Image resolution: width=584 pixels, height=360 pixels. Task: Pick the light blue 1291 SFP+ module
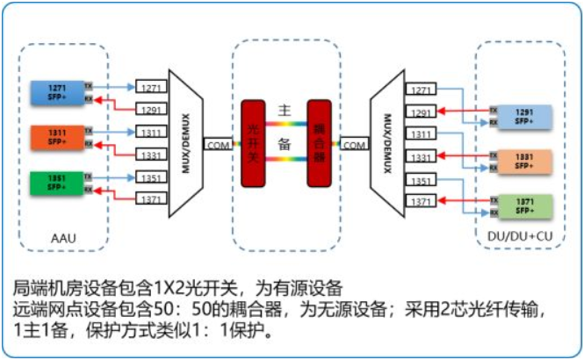point(524,117)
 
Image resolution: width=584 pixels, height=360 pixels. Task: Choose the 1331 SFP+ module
point(524,161)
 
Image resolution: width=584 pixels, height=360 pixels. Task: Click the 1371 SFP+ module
point(524,206)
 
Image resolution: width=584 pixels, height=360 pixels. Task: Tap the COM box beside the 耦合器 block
point(355,144)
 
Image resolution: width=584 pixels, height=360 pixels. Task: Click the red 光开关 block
point(253,144)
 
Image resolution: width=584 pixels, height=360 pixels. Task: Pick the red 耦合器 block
point(319,144)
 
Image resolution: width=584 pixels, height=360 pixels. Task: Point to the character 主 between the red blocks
point(285,112)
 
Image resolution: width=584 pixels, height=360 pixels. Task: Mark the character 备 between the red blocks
point(285,145)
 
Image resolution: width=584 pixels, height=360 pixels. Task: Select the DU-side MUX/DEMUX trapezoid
point(386,144)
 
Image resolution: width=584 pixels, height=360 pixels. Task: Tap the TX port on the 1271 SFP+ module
point(89,85)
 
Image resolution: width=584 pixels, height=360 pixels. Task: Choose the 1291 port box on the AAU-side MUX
point(149,110)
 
